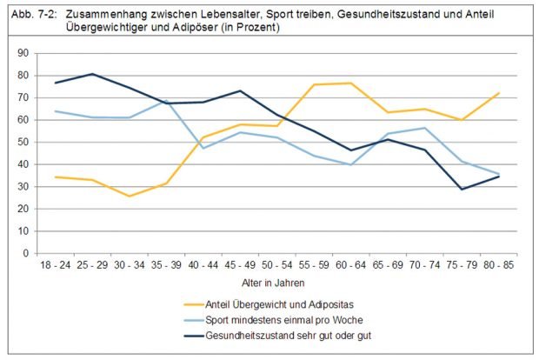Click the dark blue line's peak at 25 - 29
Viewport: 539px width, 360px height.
click(x=92, y=74)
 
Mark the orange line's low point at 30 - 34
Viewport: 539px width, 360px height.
click(x=129, y=196)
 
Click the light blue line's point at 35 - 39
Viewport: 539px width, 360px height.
click(x=166, y=101)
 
